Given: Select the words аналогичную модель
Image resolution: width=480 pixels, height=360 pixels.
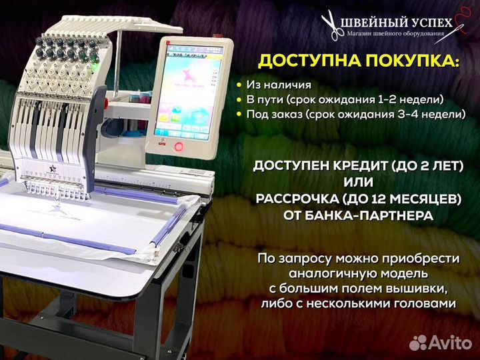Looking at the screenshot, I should coord(359,273).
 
